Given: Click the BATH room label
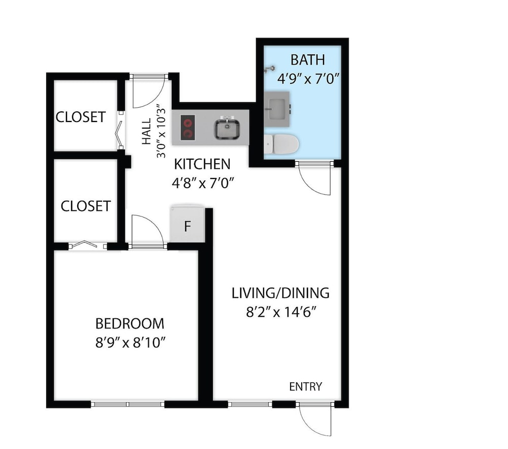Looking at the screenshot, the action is click(x=307, y=60).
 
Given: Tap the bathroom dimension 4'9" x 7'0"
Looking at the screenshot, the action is click(x=308, y=78).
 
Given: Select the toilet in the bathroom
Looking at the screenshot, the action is click(x=281, y=144).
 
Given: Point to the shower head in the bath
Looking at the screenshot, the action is click(x=270, y=69).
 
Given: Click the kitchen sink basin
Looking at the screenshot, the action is click(x=227, y=129).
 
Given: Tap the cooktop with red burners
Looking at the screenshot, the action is click(x=188, y=128).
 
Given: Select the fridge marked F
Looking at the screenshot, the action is click(x=187, y=224).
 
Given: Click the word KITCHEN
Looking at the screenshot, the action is click(x=202, y=164).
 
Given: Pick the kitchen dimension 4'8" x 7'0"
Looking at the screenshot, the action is click(x=203, y=184).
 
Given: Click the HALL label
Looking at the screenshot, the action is click(x=146, y=131).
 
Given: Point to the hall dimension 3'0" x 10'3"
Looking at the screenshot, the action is click(x=161, y=131).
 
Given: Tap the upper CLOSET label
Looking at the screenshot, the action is click(x=81, y=117).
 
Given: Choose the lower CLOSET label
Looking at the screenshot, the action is click(x=86, y=206).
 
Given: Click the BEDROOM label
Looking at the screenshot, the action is click(x=130, y=323).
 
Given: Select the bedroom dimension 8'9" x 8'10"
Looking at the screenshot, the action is click(x=131, y=343).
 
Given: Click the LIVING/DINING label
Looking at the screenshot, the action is click(x=280, y=293).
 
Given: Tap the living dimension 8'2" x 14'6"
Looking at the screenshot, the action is click(x=281, y=312).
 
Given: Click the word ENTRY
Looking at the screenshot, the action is click(x=305, y=387).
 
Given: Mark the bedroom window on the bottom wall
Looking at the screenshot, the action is click(x=128, y=404).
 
